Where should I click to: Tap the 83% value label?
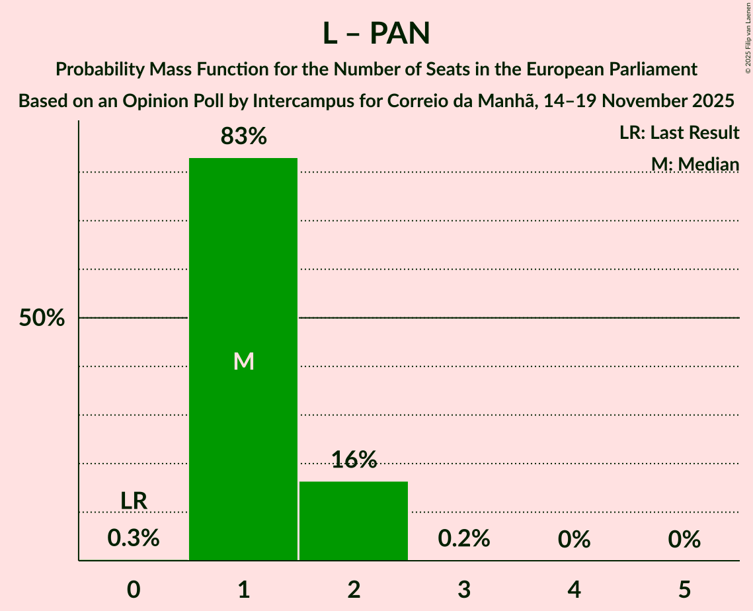click(x=243, y=137)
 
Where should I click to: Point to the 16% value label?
click(x=354, y=460)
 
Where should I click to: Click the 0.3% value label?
click(x=134, y=538)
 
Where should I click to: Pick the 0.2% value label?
click(x=464, y=538)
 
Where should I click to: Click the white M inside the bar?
click(x=244, y=361)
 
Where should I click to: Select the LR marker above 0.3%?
click(x=134, y=501)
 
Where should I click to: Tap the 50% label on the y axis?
click(x=42, y=318)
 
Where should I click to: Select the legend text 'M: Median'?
click(x=695, y=164)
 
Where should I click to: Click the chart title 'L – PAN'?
click(x=376, y=34)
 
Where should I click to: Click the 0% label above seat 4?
click(x=574, y=540)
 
